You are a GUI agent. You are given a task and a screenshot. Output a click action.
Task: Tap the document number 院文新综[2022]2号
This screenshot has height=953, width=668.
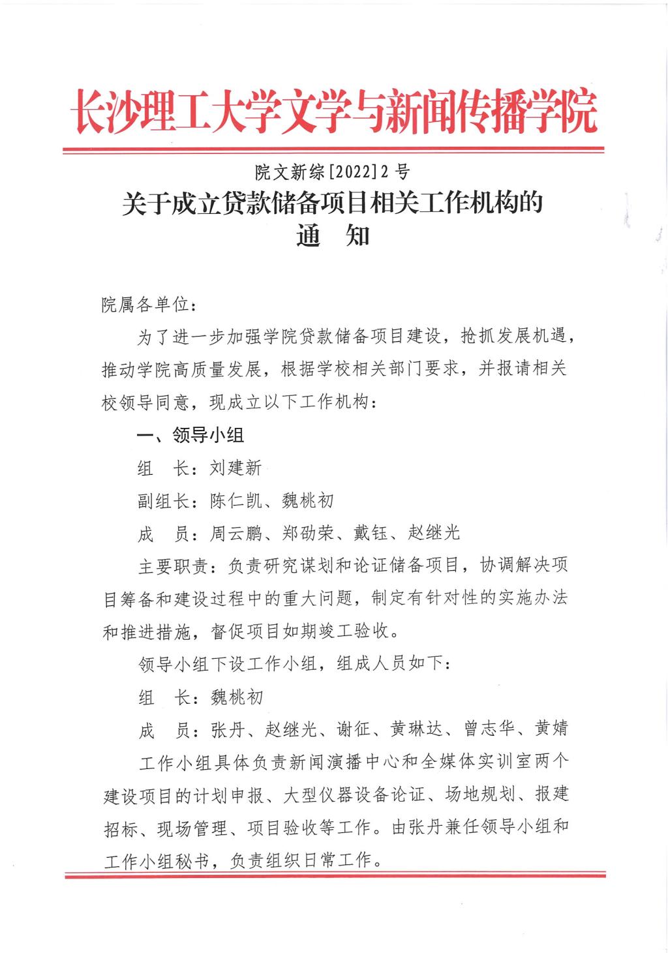point(333,172)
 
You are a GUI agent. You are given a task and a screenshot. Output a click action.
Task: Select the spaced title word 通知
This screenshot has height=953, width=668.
point(333,235)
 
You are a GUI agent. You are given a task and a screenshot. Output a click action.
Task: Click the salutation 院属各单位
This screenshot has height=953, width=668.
point(144,305)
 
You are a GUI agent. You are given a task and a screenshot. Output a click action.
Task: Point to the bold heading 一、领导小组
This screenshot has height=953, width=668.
point(190,435)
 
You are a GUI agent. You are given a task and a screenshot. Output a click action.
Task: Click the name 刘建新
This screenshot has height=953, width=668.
point(235,468)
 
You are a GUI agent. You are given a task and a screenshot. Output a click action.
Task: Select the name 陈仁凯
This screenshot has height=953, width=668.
point(235,500)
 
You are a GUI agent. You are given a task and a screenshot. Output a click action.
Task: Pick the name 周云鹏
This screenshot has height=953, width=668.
point(235,533)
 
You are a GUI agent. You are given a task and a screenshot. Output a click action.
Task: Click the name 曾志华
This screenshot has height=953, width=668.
point(489,729)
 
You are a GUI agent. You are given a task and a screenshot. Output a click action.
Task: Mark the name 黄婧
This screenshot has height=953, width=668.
point(551,729)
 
